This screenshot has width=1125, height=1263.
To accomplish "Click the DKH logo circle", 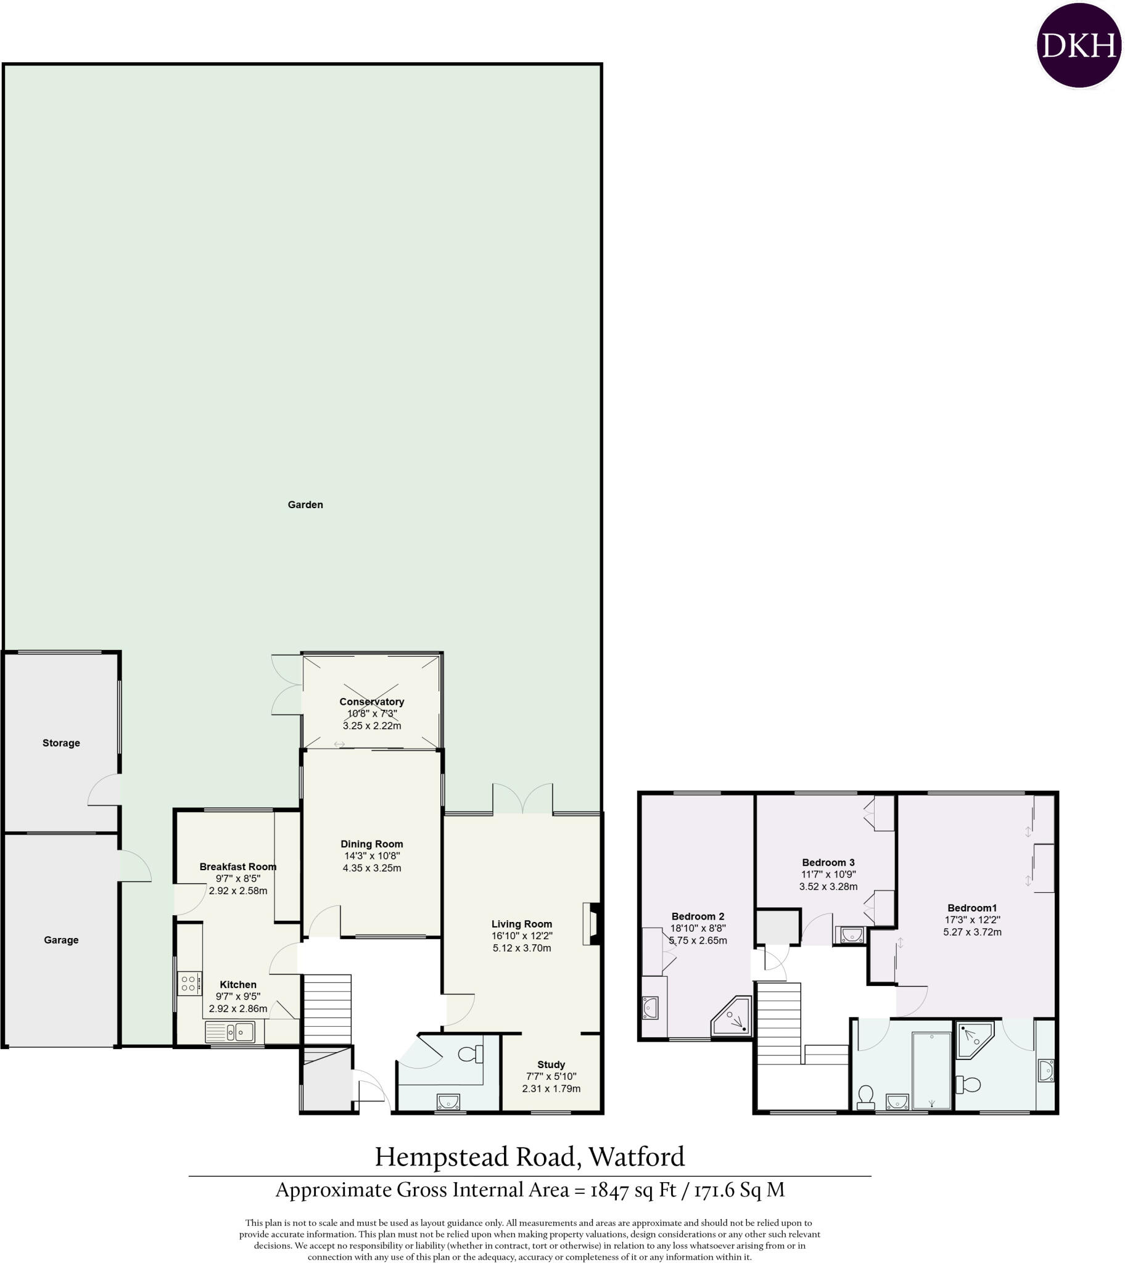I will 1079,46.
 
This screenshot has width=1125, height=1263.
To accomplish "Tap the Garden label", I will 305,505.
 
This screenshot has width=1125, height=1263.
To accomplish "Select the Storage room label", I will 61,743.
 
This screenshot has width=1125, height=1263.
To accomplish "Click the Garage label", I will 61,940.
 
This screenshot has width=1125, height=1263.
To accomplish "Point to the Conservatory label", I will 371,702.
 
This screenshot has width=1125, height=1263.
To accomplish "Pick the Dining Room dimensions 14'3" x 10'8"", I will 372,856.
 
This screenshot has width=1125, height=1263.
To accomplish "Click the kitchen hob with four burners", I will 189,983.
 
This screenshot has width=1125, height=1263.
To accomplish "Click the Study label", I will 551,1064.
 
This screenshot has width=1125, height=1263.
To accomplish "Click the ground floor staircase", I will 328,1009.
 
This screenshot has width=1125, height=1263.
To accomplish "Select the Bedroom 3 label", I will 828,863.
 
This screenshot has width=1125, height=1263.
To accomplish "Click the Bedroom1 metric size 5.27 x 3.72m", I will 972,932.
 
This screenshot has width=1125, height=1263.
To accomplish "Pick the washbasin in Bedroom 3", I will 851,934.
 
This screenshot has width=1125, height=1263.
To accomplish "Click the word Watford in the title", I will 637,1157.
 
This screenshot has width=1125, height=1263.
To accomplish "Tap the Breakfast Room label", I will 238,867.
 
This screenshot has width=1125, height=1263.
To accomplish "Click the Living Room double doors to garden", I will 522,799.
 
